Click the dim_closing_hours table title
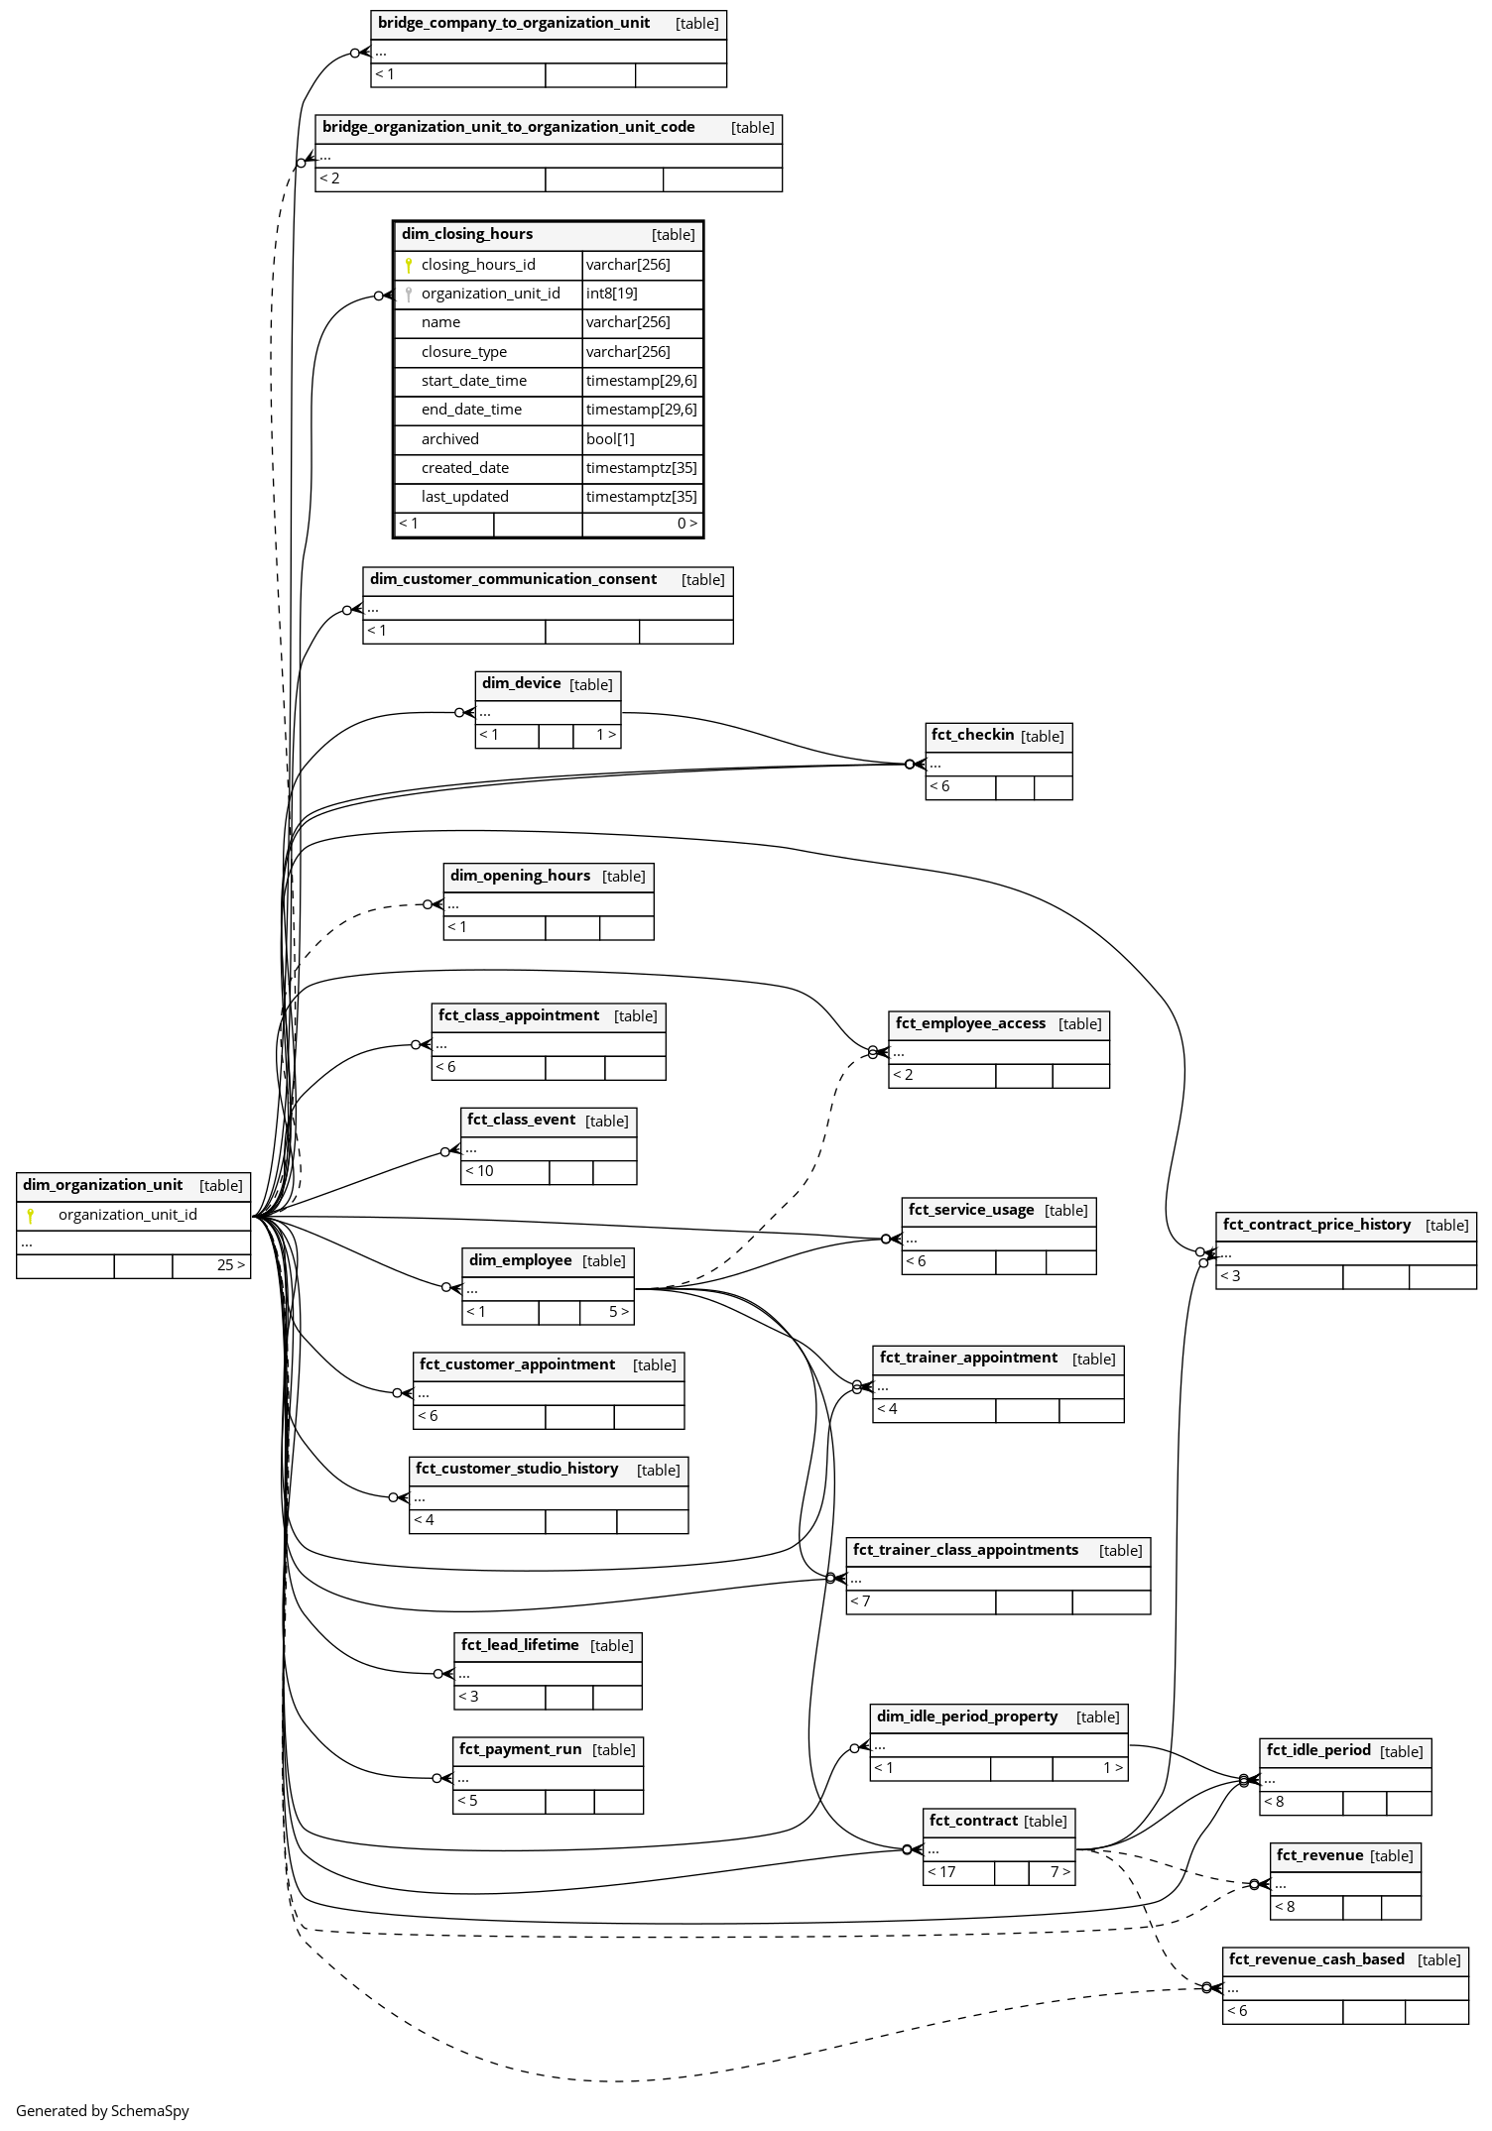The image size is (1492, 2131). click(467, 234)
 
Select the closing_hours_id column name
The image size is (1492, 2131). click(478, 265)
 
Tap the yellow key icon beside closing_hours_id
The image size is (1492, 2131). click(409, 265)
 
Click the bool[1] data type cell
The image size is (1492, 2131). click(610, 439)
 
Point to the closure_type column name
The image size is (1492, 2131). click(463, 352)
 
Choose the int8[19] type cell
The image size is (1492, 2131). click(611, 294)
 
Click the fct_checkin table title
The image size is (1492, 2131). click(972, 735)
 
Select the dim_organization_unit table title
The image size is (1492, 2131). click(103, 1185)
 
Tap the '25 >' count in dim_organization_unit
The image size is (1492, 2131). click(231, 1265)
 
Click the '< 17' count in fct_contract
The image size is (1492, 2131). click(941, 1872)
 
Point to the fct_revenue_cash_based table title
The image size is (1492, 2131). click(1316, 1959)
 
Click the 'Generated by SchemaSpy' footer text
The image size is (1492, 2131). click(102, 2110)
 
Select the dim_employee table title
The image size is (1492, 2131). click(521, 1260)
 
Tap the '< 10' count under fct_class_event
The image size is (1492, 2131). click(479, 1171)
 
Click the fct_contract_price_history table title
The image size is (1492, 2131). click(1316, 1225)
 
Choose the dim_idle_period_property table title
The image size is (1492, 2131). click(967, 1717)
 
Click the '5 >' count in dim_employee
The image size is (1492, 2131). click(619, 1312)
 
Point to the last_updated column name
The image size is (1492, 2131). click(464, 497)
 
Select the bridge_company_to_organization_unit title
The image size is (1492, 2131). click(514, 23)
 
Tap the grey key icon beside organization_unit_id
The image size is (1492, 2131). click(409, 294)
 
